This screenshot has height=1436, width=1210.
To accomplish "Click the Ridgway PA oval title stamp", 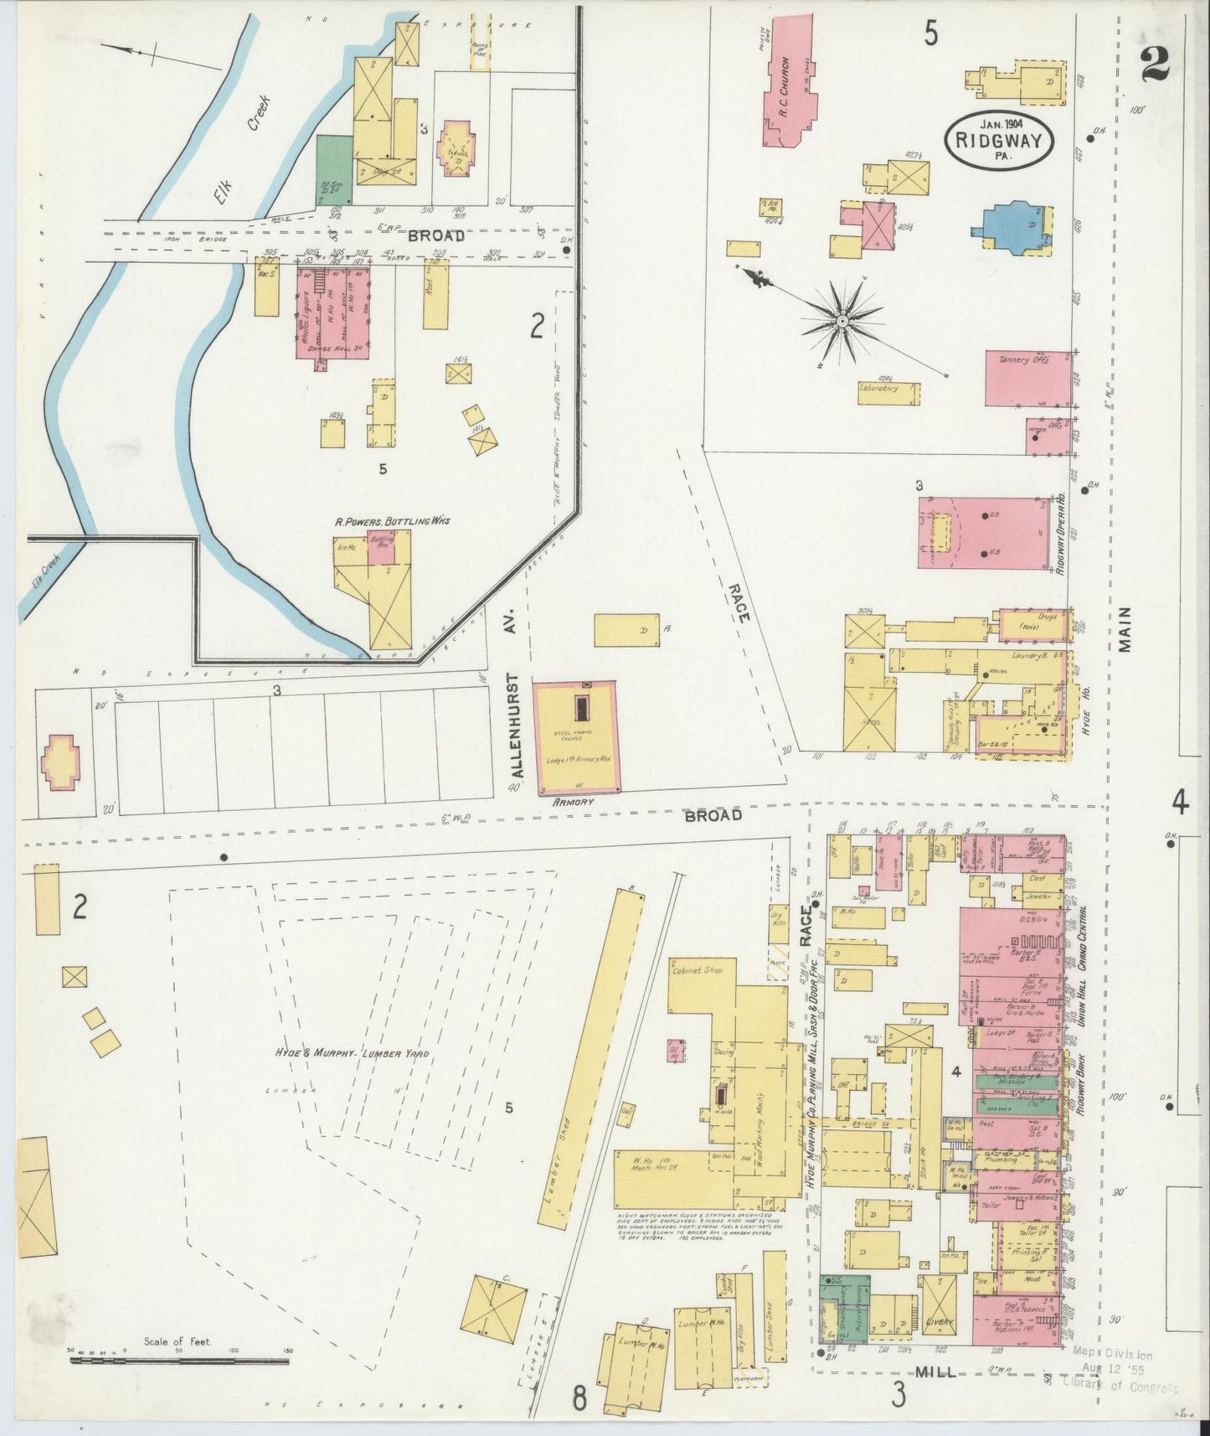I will [998, 140].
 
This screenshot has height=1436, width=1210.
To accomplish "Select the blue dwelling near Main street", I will [1016, 227].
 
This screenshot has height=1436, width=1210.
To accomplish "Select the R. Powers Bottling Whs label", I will [392, 521].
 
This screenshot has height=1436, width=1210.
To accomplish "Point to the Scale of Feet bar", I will [179, 1361].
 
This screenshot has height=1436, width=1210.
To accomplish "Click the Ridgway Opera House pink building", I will [983, 534].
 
